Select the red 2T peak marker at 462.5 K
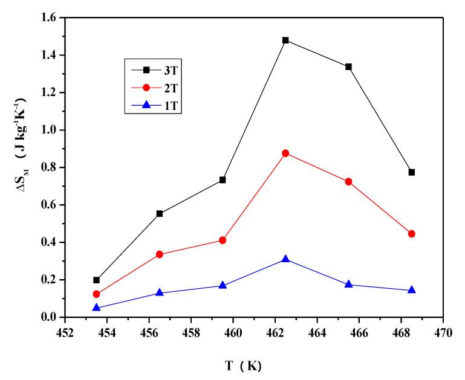pyautogui.click(x=285, y=153)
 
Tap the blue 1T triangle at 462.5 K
pyautogui.click(x=285, y=259)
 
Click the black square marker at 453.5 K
pyautogui.click(x=97, y=280)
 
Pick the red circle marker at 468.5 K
pyautogui.click(x=412, y=234)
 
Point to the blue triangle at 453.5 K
pyautogui.click(x=97, y=308)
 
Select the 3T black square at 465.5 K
pyautogui.click(x=349, y=67)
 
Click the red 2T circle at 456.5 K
pyautogui.click(x=160, y=254)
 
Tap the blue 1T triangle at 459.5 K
pyautogui.click(x=223, y=285)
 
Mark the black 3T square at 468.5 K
pyautogui.click(x=412, y=172)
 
